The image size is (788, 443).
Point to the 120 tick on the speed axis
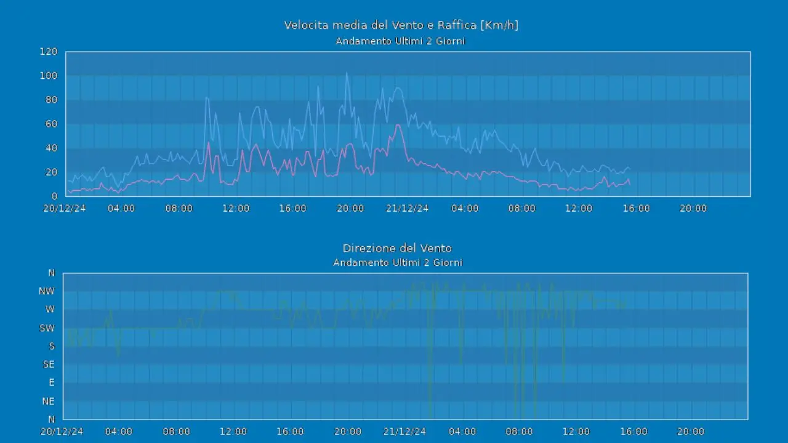48,52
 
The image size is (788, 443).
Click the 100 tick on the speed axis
48,76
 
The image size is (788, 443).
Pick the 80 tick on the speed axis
50,100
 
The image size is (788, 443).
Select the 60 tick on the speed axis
50,124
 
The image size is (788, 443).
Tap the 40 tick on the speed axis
50,148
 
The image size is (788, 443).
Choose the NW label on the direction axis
47,291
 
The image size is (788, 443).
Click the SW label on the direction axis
47,328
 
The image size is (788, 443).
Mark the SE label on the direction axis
49,364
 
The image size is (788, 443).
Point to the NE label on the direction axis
48,401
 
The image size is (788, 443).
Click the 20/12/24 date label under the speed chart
65,209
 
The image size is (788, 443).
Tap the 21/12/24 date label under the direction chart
405,431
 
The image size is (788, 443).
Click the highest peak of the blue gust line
346,74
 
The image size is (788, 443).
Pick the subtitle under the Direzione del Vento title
398,263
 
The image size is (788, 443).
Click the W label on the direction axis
50,309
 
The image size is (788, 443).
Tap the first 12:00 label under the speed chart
236,209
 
